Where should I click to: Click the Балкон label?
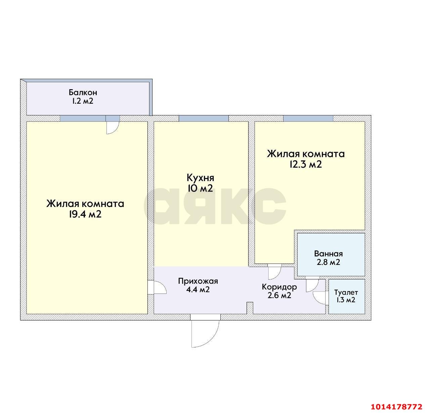(x=83, y=92)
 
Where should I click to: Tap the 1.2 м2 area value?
(x=82, y=101)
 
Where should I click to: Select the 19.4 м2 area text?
(x=85, y=214)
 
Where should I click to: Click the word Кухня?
(x=201, y=178)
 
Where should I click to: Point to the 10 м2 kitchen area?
(x=200, y=188)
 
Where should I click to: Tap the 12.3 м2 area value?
(x=306, y=165)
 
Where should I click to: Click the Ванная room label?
(x=328, y=254)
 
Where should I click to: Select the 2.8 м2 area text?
(x=328, y=263)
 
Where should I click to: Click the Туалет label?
(x=346, y=292)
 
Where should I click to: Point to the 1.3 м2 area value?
(x=346, y=300)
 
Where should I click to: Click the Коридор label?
(x=279, y=287)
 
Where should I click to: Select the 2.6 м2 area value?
(x=279, y=296)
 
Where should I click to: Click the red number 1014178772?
(x=396, y=407)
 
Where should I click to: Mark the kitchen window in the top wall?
(x=204, y=118)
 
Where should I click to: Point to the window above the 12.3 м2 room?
(x=308, y=118)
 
